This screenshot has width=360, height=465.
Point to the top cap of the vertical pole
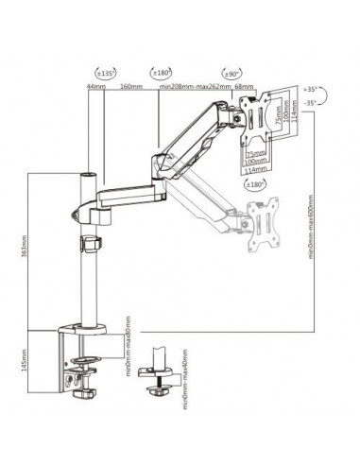point(92,176)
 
